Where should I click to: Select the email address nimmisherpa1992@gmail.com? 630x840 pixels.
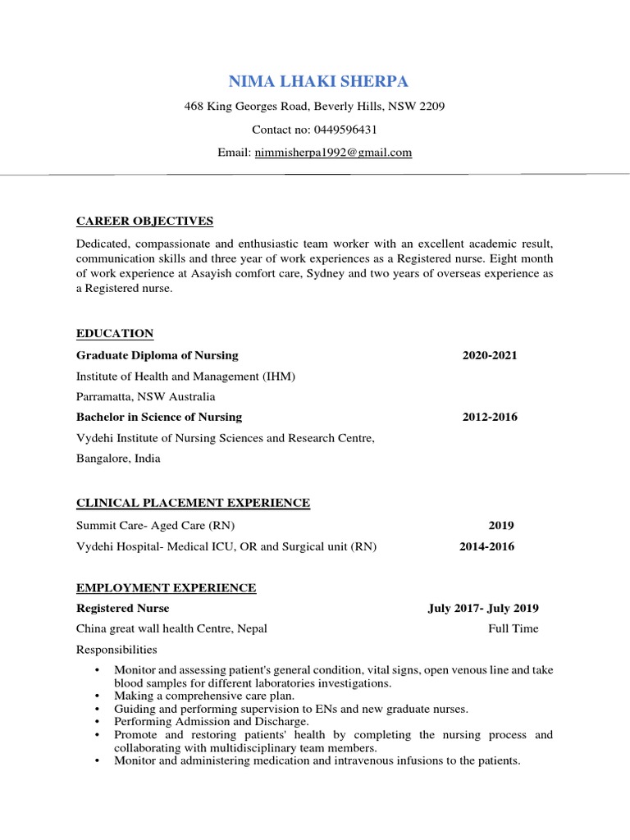[333, 153]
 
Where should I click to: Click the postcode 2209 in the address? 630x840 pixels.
[431, 107]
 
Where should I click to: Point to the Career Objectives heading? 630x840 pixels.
[144, 221]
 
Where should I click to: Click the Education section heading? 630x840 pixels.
[115, 333]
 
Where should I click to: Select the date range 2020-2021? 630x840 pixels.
[490, 355]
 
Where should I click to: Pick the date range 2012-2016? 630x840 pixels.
[490, 417]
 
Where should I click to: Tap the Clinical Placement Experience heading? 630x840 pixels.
[193, 503]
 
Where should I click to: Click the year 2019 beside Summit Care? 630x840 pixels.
[501, 526]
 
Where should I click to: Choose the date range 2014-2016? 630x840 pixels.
[486, 547]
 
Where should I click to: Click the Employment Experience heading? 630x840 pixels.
[166, 588]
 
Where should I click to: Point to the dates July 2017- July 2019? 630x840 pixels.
[483, 609]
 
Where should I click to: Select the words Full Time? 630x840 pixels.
[514, 629]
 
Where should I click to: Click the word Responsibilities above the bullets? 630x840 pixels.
[116, 650]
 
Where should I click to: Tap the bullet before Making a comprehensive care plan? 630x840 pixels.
[98, 696]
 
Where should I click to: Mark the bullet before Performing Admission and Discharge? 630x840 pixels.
[98, 722]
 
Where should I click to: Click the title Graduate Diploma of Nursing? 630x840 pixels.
[157, 355]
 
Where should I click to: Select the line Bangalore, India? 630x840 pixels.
[118, 459]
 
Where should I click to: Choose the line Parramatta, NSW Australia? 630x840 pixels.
[146, 396]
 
